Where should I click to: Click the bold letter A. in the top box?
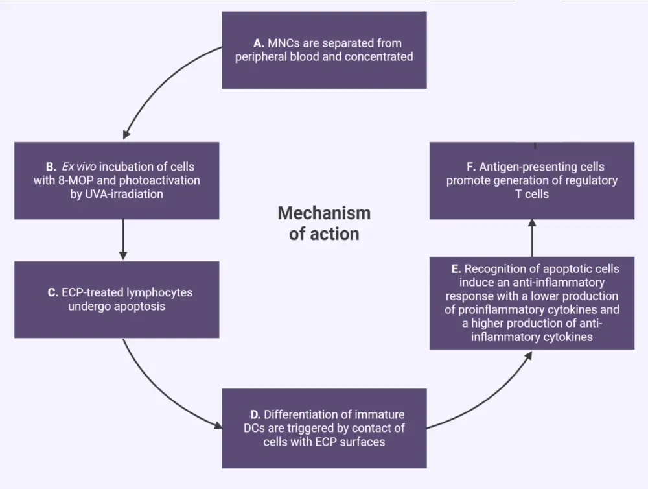[x=259, y=43]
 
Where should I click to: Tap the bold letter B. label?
[x=51, y=167]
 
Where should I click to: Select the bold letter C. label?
[x=53, y=292]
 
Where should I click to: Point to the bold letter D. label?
[x=255, y=414]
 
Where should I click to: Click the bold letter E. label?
[x=456, y=269]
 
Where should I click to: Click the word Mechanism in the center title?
[x=324, y=213]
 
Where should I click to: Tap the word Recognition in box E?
[x=496, y=269]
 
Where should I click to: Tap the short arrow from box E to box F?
[x=532, y=239]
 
